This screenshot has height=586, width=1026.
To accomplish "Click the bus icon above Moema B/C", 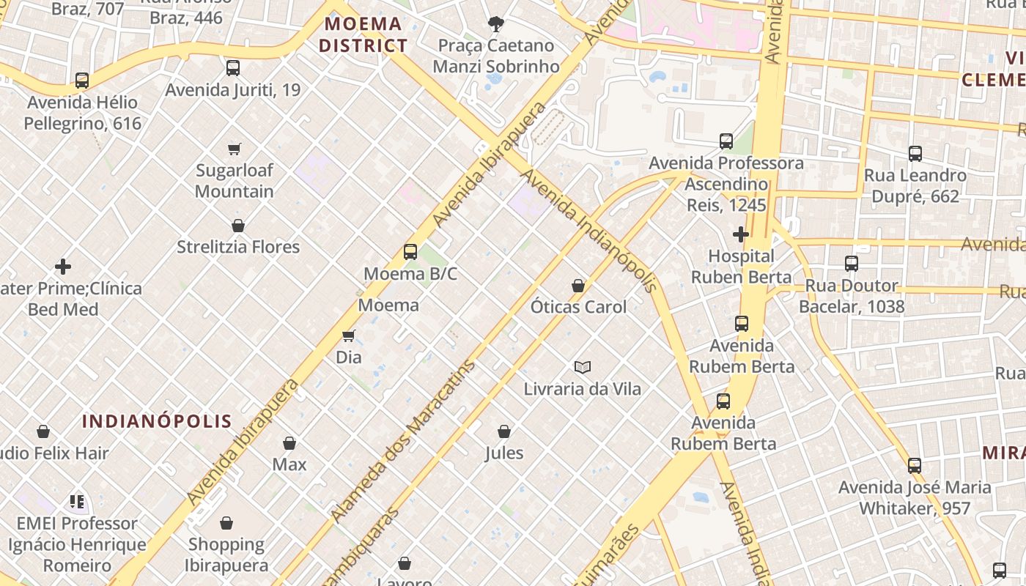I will point(410,252).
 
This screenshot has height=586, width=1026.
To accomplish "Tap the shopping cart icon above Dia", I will point(349,335).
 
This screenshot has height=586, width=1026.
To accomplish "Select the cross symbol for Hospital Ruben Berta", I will point(741,234).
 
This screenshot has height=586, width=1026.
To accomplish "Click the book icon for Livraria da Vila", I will point(583,367).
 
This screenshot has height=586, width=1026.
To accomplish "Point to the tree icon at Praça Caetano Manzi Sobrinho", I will point(496,24).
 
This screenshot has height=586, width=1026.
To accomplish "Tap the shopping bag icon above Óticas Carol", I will point(578,285).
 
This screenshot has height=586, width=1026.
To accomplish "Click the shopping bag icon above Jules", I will point(504,431).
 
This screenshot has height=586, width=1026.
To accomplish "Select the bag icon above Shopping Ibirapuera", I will point(226,523).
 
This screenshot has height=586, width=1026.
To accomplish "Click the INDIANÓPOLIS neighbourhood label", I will point(157,421).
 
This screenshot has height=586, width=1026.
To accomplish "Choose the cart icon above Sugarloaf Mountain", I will point(235,149).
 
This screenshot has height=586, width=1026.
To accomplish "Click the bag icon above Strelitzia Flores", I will point(238,226).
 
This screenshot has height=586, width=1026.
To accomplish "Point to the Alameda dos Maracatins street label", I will point(404,441).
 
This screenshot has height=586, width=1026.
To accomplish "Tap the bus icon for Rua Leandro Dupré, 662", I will point(915,154).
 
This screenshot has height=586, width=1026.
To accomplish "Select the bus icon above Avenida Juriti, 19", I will point(233,68).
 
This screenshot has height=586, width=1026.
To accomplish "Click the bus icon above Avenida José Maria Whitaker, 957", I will point(915,466).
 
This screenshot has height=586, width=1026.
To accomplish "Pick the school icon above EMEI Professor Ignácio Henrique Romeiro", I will point(77,502).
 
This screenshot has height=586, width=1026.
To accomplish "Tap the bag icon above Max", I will point(289,443).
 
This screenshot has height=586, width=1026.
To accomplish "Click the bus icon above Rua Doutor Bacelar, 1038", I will point(852,264).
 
